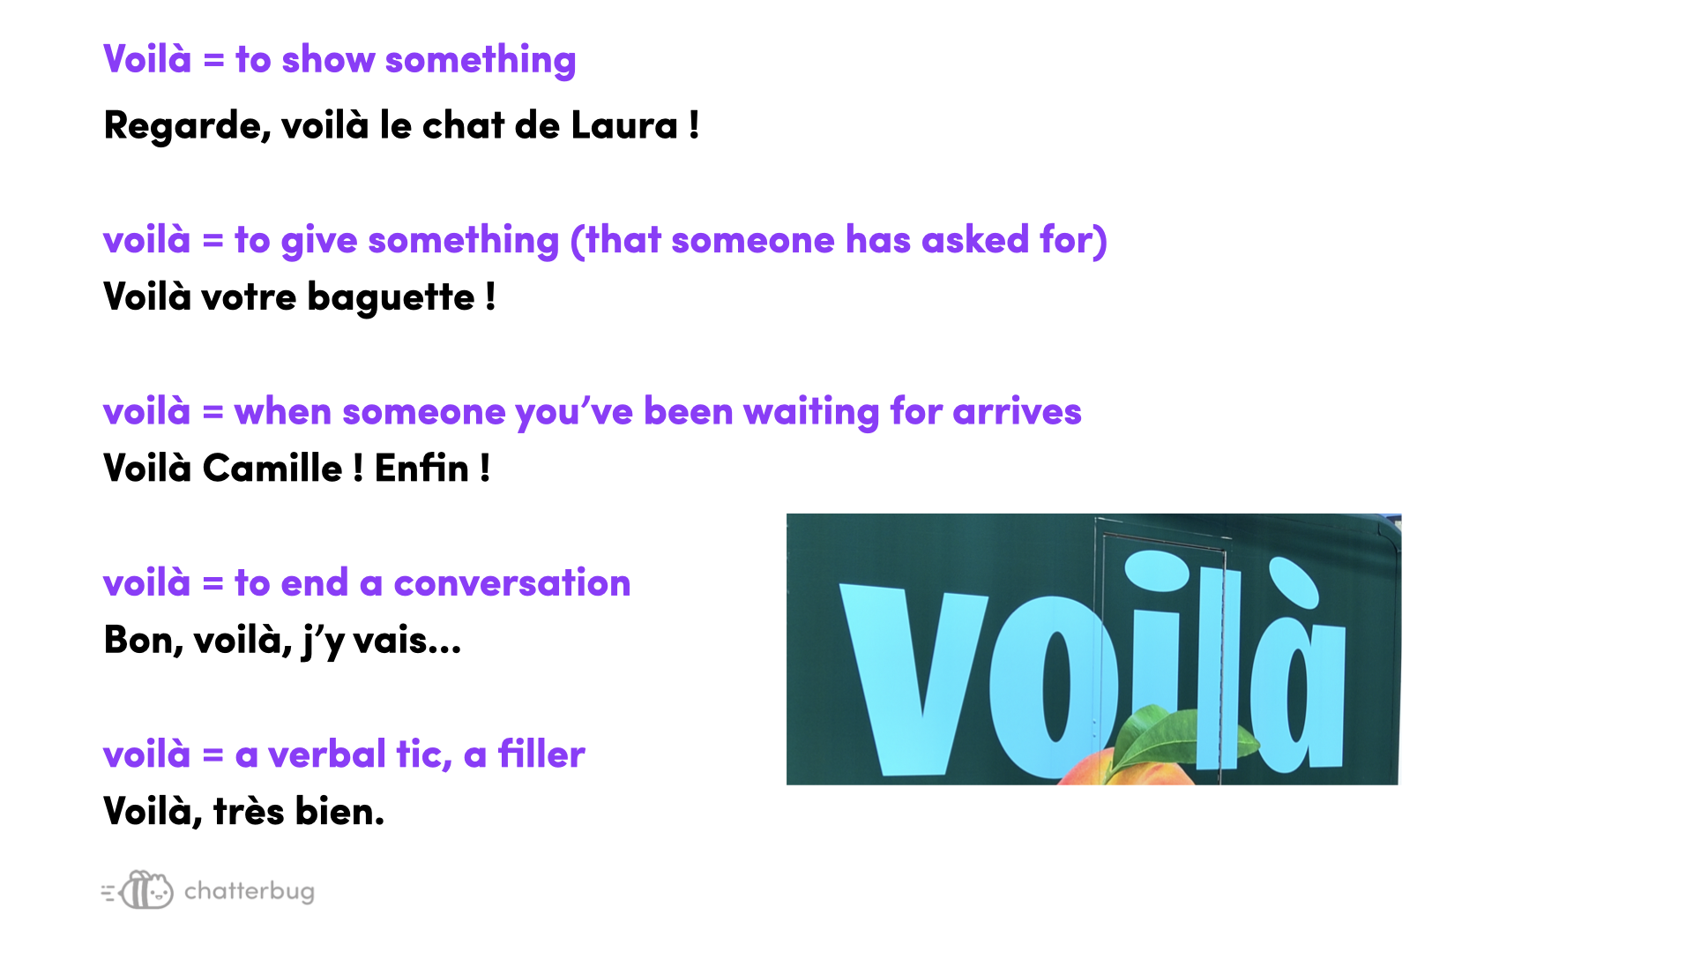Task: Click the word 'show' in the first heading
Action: point(328,60)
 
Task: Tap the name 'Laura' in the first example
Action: point(624,125)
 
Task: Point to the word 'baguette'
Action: point(391,297)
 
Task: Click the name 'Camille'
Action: point(272,469)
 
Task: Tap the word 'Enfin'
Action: point(421,469)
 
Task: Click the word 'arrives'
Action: point(1017,412)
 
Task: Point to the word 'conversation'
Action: point(512,583)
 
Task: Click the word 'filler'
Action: point(541,754)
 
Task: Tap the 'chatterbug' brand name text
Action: point(250,892)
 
